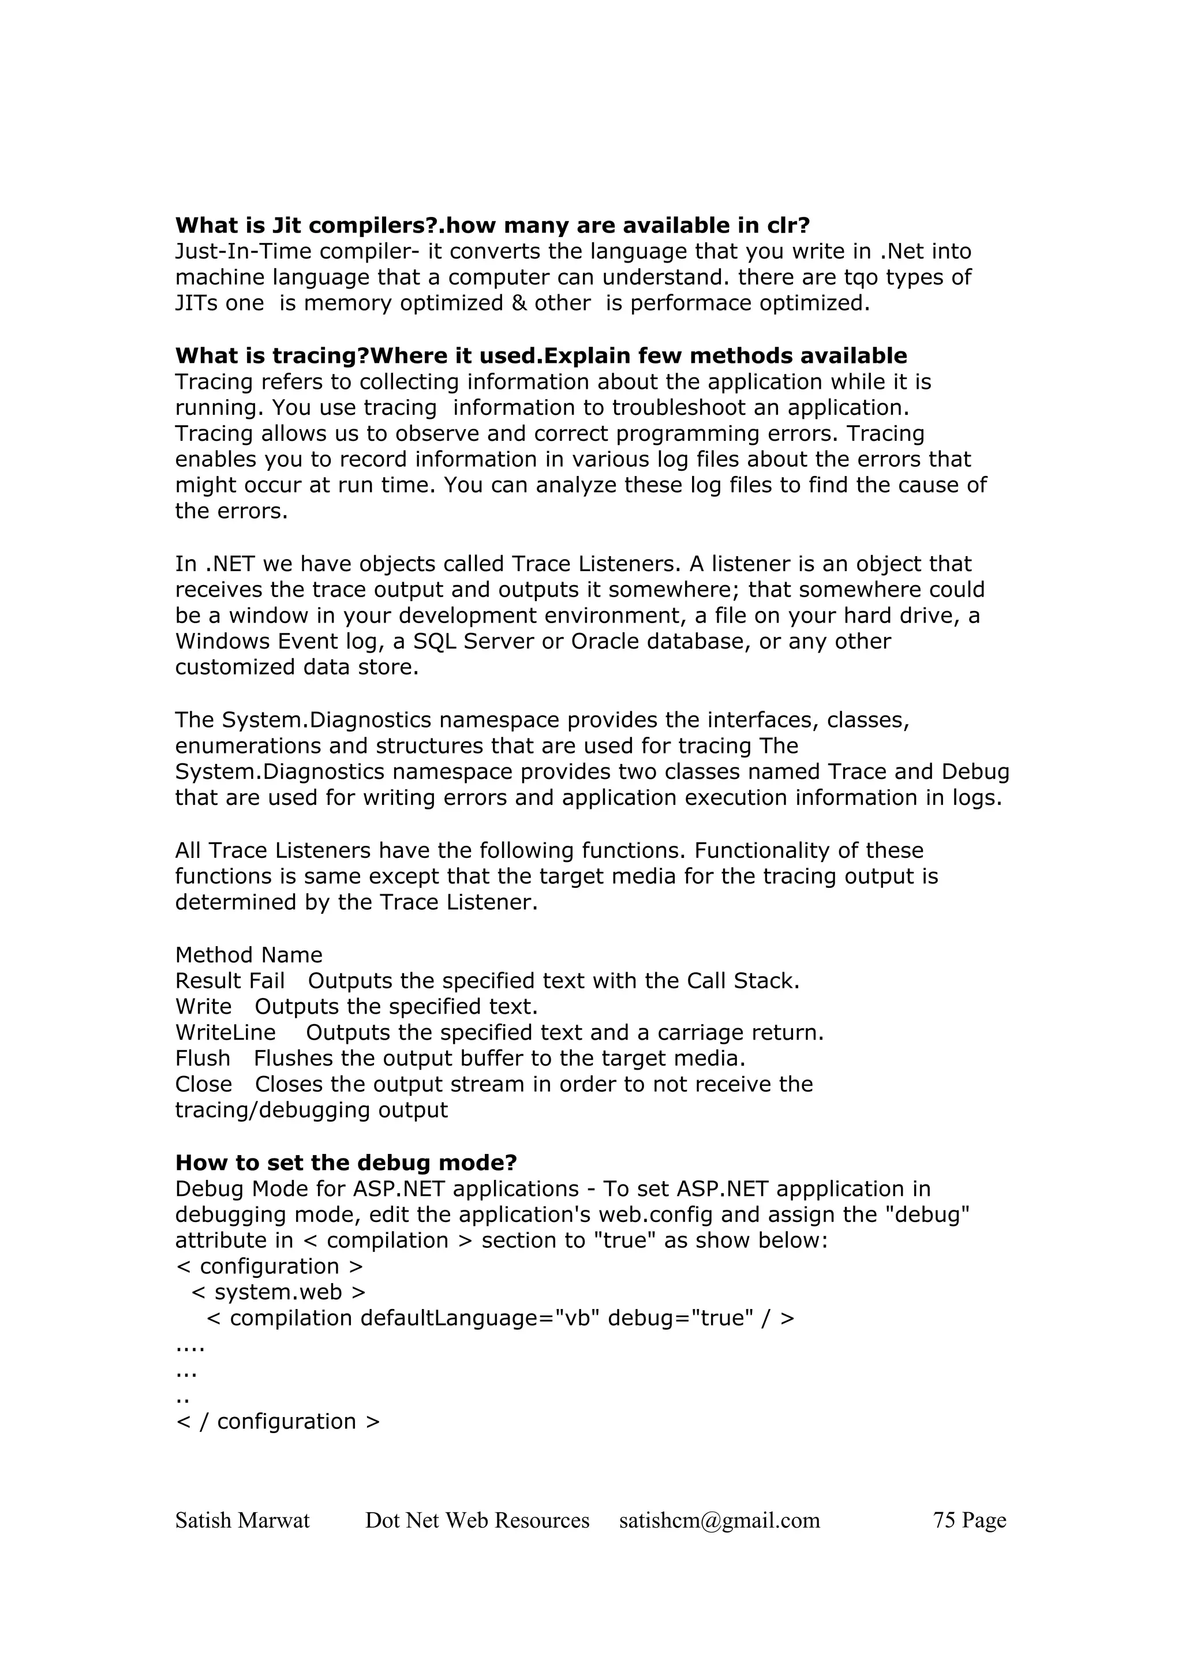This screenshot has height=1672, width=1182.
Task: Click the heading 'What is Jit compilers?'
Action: click(x=492, y=226)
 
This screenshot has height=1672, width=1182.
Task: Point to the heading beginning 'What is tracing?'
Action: click(x=540, y=356)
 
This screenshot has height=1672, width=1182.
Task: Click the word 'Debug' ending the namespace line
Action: click(x=975, y=772)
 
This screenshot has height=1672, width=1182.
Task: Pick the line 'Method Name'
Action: click(x=248, y=955)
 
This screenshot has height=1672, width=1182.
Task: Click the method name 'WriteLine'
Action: click(x=225, y=1033)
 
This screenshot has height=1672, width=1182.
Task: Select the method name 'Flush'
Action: click(x=203, y=1059)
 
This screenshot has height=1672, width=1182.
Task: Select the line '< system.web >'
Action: click(x=278, y=1292)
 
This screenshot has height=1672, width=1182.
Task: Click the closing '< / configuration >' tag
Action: click(x=278, y=1422)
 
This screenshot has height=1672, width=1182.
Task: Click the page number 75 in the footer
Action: click(x=944, y=1520)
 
